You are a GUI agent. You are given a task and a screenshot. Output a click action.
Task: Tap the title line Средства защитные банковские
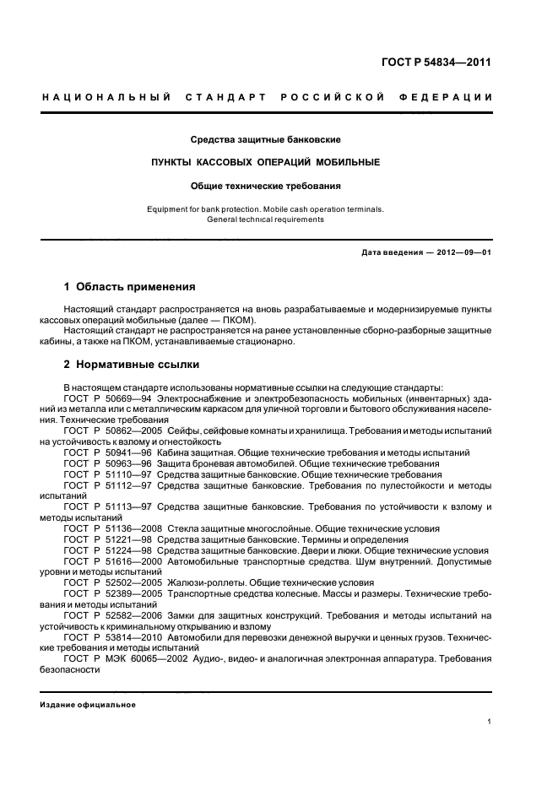265,138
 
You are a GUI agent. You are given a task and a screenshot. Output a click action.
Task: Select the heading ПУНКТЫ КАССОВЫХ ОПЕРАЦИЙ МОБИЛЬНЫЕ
265,161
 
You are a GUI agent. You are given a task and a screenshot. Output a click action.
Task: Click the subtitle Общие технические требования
265,185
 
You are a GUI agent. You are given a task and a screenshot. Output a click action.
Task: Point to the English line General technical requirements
265,219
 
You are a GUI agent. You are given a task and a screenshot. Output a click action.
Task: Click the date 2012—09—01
459,253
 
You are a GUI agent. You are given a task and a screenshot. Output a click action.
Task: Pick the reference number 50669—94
125,398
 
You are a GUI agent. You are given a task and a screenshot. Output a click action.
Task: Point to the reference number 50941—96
125,453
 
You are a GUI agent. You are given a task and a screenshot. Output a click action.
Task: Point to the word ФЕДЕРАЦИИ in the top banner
455,98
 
